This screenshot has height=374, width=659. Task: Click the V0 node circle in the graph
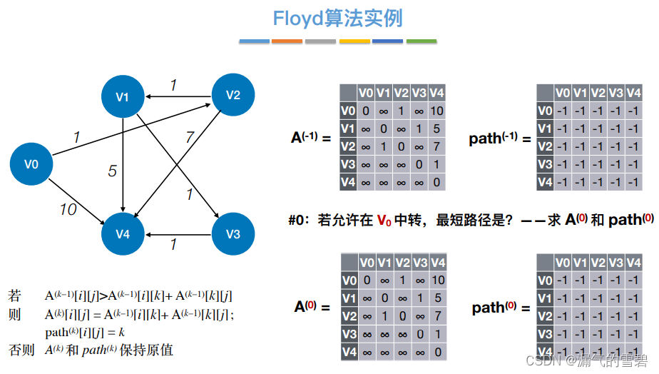coord(31,164)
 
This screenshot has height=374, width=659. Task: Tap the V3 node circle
coord(233,234)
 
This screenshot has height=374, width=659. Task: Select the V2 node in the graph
coord(233,95)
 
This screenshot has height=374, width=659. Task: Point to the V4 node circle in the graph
coord(123,234)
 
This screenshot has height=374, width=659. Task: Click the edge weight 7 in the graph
coord(190,138)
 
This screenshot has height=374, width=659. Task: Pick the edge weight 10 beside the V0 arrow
coord(68,209)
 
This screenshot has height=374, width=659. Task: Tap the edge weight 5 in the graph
coord(112,171)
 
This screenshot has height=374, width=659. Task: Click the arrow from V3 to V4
coord(178,234)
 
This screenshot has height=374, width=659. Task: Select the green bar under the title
coord(421,41)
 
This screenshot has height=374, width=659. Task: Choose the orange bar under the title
coord(287,41)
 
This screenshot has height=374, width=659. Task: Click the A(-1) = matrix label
coord(312,138)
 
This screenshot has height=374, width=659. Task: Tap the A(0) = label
coord(312,308)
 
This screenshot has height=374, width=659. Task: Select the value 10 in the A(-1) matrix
coord(437,111)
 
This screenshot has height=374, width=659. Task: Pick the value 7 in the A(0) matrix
coord(437,315)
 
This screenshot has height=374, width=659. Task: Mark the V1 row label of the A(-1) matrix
coord(347,128)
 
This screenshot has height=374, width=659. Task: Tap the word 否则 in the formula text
coord(19,350)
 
